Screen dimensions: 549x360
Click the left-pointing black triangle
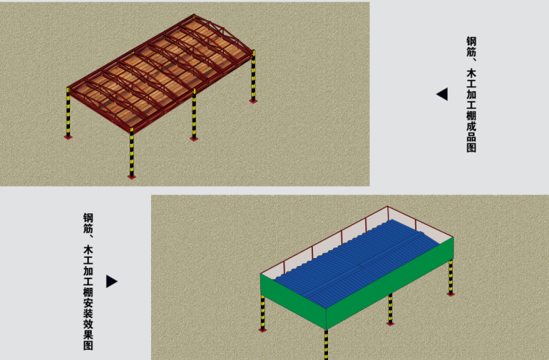(443, 94)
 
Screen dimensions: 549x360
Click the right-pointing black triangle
(111, 281)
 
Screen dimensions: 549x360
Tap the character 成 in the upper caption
(471, 126)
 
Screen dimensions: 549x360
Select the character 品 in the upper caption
(471, 137)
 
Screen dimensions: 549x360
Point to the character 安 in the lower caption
(88, 303)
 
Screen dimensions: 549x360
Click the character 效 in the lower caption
(88, 324)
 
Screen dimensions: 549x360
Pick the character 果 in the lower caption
(88, 335)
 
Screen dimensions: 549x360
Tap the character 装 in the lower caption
(88, 314)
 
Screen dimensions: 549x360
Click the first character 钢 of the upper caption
(471, 41)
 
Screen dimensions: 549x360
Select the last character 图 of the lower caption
(88, 345)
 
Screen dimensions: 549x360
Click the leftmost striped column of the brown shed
(69, 113)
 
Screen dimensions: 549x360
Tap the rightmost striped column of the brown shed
(253, 76)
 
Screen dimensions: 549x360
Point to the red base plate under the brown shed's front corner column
(131, 177)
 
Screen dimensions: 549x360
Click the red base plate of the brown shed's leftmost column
(69, 137)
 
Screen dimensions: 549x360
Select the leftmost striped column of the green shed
(263, 312)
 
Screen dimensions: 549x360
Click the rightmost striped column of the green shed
(451, 277)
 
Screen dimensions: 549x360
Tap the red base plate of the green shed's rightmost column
(451, 294)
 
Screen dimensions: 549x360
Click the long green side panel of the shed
(389, 283)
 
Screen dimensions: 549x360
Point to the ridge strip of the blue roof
(364, 265)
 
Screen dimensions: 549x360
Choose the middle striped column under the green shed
(390, 309)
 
